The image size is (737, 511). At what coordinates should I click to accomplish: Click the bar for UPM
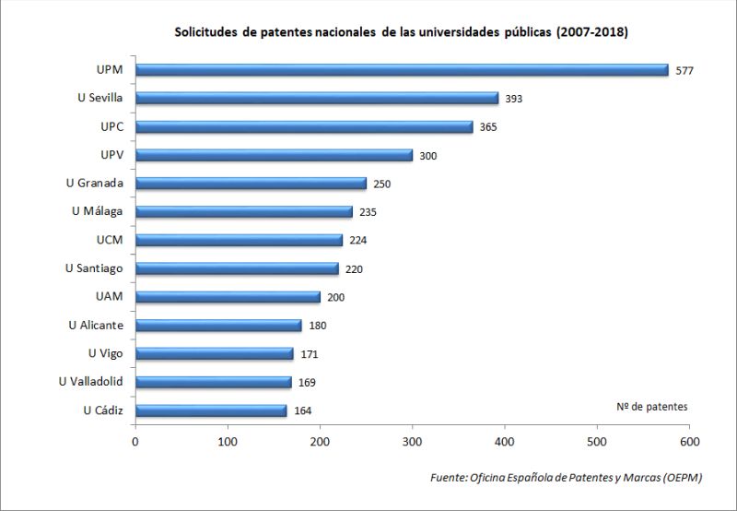pyautogui.click(x=402, y=70)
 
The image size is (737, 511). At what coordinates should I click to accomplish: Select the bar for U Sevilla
pyautogui.click(x=317, y=98)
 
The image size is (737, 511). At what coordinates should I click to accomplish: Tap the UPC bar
pyautogui.click(x=304, y=126)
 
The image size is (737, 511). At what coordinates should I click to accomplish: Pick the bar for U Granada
pyautogui.click(x=251, y=184)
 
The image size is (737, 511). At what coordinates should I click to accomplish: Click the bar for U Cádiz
pyautogui.click(x=211, y=410)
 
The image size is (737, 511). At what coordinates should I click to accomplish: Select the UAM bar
pyautogui.click(x=228, y=297)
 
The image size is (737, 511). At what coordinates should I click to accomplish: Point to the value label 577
pyautogui.click(x=684, y=71)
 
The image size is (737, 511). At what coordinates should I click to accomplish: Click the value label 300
pyautogui.click(x=427, y=156)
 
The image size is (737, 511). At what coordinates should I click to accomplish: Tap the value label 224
pyautogui.click(x=358, y=241)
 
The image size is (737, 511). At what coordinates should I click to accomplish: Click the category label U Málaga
pyautogui.click(x=103, y=211)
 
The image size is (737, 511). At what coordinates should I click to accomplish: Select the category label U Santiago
pyautogui.click(x=100, y=268)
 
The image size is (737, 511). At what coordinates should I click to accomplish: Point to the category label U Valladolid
pyautogui.click(x=97, y=381)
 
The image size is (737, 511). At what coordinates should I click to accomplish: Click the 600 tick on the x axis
pyautogui.click(x=689, y=443)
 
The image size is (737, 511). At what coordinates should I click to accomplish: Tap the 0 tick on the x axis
pyautogui.click(x=135, y=443)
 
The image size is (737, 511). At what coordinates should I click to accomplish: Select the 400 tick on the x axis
pyautogui.click(x=505, y=443)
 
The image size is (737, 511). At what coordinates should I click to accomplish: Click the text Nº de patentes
pyautogui.click(x=650, y=406)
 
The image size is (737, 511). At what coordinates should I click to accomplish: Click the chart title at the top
pyautogui.click(x=401, y=32)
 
